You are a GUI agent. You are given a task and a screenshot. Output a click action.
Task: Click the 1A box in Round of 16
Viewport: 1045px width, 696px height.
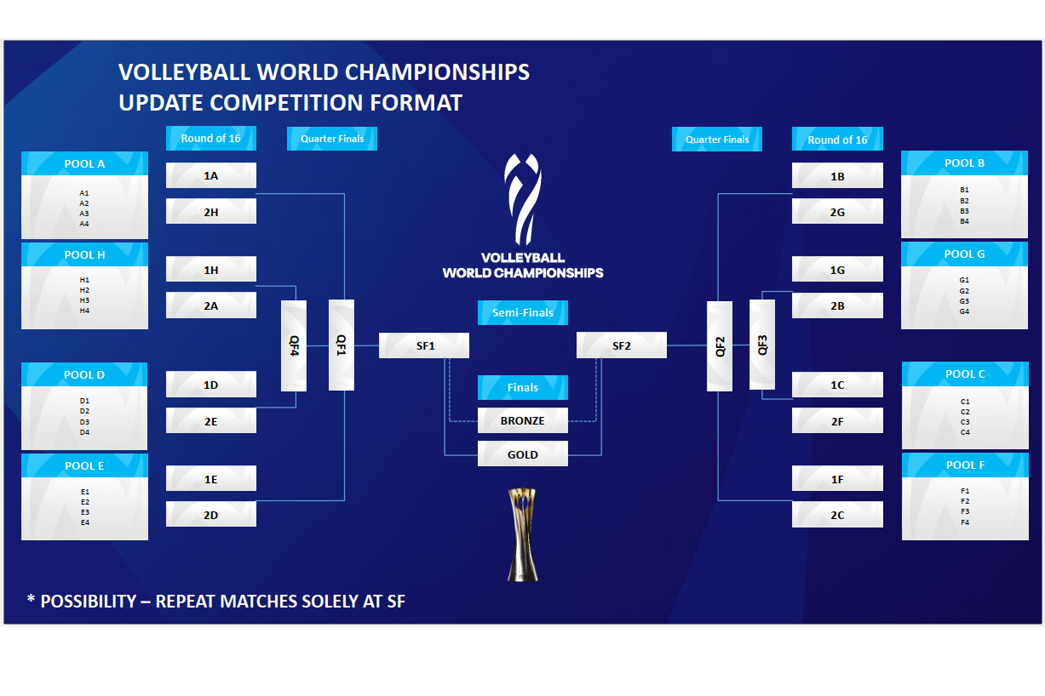211,175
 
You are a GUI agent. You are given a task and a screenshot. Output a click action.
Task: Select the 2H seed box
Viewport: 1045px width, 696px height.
211,211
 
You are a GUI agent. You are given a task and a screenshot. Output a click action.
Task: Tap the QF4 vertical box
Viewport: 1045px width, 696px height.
294,346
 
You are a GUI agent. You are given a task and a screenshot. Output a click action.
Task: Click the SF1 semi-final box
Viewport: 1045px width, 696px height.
424,346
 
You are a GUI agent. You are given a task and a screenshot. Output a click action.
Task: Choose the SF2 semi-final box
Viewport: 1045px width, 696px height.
621,346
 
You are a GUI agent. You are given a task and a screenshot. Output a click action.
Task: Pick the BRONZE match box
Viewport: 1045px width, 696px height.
522,421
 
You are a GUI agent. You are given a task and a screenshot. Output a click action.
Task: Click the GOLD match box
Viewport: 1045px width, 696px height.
522,454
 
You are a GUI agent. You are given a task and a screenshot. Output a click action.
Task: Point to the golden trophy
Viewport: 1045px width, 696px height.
522,535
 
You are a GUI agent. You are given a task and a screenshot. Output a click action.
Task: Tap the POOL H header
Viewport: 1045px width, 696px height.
85,255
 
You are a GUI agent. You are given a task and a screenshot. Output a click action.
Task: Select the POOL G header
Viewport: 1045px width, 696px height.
964,254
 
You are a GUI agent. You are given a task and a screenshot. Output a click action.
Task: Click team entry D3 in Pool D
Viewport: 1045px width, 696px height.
85,422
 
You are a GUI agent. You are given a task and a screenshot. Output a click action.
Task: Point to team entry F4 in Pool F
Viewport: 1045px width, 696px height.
965,522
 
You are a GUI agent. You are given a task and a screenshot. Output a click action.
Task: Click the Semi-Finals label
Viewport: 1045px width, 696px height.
522,313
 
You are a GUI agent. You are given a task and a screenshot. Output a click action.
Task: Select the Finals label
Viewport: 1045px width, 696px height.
522,387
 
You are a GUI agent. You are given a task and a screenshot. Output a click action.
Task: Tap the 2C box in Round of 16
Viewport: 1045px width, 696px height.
837,515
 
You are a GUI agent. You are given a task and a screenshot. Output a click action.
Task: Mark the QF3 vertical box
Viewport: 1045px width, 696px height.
762,345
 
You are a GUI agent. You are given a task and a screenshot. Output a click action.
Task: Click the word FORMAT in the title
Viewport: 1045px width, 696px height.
416,103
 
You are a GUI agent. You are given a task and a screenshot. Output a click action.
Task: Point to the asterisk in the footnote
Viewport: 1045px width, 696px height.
31,599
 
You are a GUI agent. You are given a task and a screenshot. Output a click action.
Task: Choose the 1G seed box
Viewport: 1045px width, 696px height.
837,270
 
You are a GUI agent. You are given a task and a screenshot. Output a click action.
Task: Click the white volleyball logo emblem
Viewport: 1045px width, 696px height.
522,199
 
